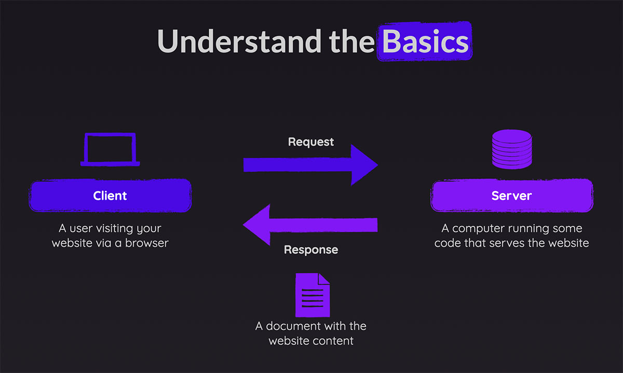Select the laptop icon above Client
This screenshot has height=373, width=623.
tap(110, 149)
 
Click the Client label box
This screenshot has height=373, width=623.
tap(110, 196)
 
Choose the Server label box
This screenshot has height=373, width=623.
tap(511, 196)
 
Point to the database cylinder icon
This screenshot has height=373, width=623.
tap(511, 149)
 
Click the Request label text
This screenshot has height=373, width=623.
tap(311, 142)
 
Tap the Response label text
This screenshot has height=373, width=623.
tap(310, 250)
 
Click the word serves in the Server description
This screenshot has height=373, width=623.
tap(514, 242)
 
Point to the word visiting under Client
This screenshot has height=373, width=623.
tap(113, 229)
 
